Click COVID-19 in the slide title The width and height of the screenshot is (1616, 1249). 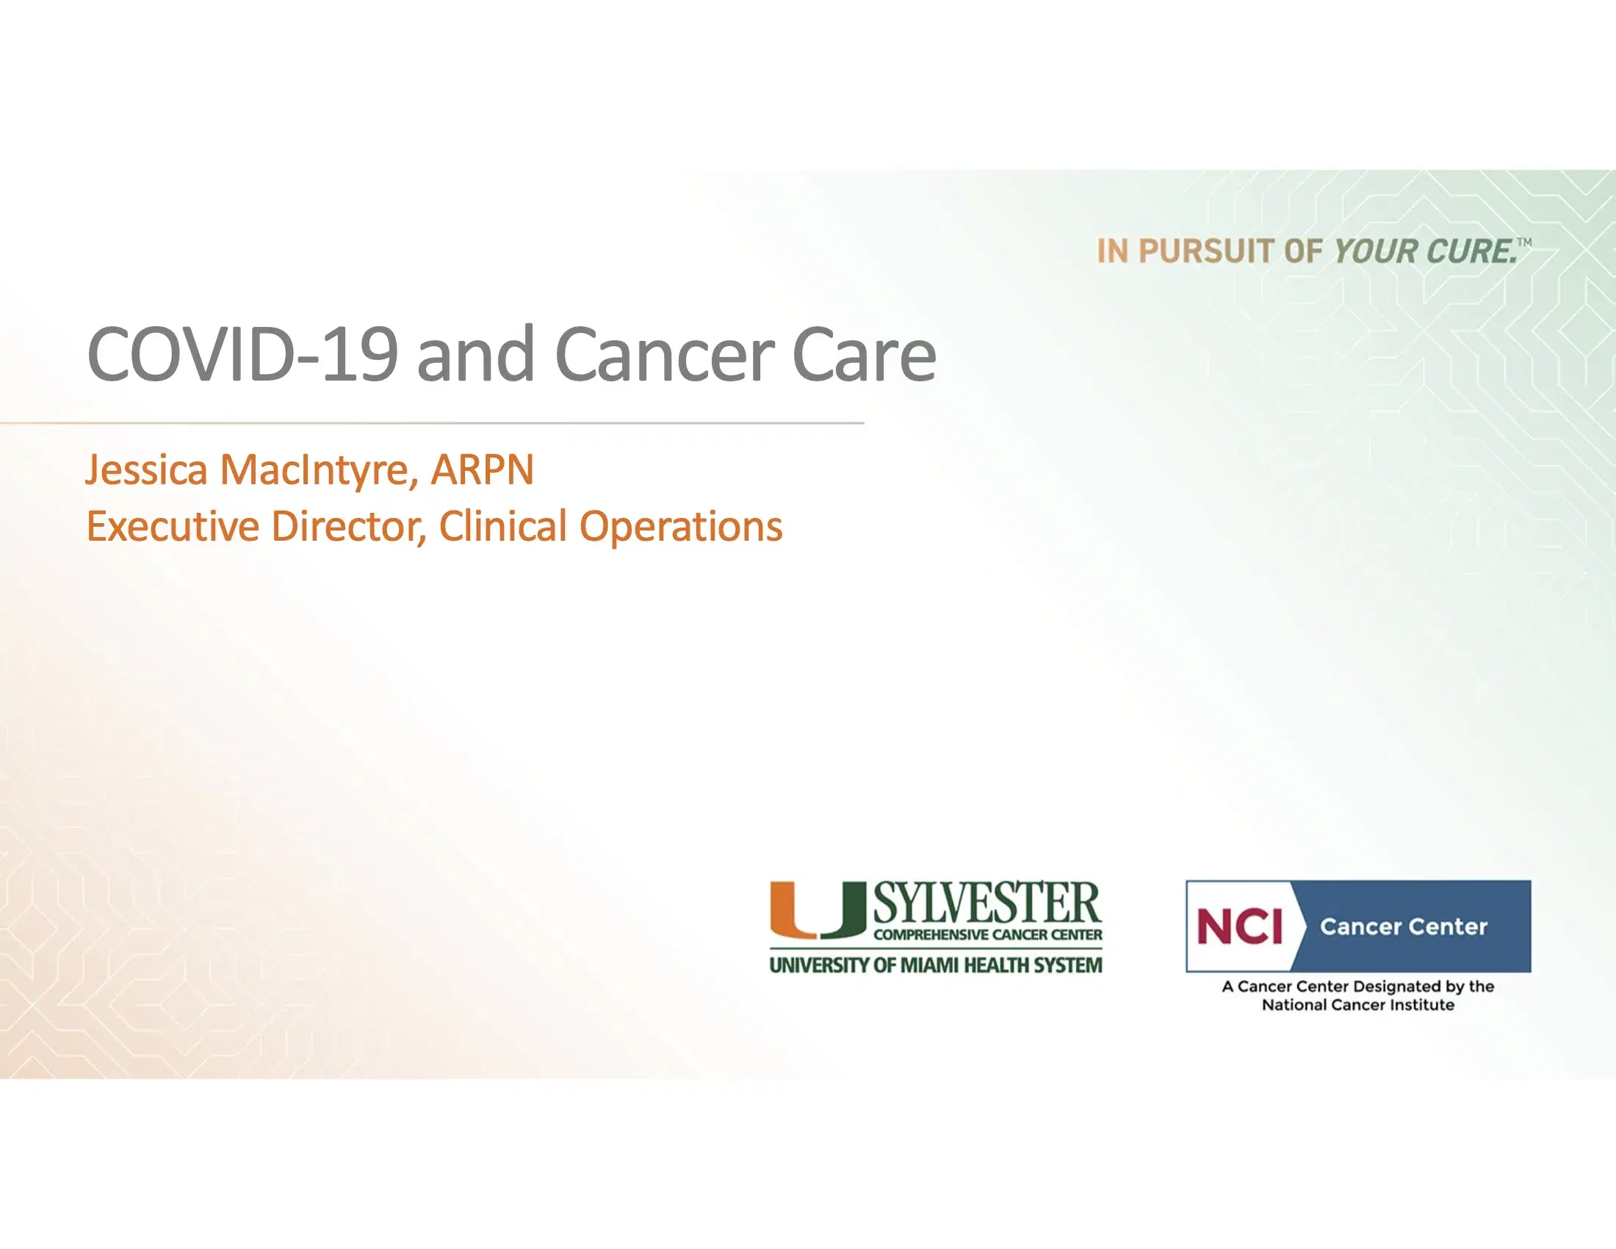click(x=242, y=355)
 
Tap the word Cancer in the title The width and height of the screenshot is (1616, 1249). click(x=665, y=355)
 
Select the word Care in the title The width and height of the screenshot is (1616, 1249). click(x=864, y=355)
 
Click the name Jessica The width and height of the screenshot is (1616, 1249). click(x=146, y=470)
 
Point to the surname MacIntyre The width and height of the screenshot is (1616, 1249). click(x=314, y=470)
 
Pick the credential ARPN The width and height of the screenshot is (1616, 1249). click(x=482, y=470)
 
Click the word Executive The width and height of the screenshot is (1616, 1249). click(x=173, y=526)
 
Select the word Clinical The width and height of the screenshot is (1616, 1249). click(x=503, y=526)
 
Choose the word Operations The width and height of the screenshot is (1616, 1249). click(x=680, y=526)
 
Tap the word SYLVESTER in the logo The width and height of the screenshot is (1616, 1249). click(x=987, y=903)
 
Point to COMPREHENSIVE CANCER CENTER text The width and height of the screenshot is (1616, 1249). click(x=987, y=935)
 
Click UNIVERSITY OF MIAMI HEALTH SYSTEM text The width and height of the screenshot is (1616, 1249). click(x=935, y=965)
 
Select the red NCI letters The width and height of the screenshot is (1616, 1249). click(x=1239, y=926)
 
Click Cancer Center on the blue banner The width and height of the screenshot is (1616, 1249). click(x=1403, y=926)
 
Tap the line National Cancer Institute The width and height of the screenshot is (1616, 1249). click(x=1357, y=1005)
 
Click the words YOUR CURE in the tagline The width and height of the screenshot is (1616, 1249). click(x=1424, y=251)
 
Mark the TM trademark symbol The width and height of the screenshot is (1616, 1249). click(x=1524, y=242)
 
